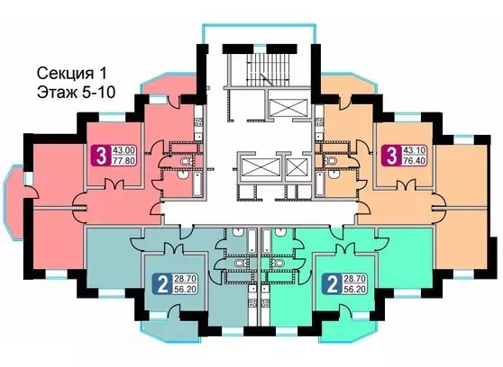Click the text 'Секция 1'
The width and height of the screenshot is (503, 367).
coord(71,74)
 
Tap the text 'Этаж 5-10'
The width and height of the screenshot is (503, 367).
coord(76,93)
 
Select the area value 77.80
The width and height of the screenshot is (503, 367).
coord(124,160)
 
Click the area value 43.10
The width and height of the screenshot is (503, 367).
coord(415,150)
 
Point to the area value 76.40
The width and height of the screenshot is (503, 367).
coord(415,160)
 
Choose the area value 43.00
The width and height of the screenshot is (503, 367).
coord(124,150)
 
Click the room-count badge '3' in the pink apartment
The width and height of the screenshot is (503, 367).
coord(101,156)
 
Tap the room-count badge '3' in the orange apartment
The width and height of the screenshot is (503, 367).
coord(391,156)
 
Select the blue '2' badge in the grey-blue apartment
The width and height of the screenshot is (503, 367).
coord(163,283)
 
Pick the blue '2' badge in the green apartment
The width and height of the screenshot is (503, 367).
coord(333,283)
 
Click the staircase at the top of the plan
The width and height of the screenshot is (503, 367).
coord(267,69)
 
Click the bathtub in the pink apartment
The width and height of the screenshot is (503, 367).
coord(197,183)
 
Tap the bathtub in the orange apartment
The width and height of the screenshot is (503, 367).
coord(319,183)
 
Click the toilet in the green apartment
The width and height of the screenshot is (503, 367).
coord(278,264)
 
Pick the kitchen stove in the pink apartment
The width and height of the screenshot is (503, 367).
coord(198,122)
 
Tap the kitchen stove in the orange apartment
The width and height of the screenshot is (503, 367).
coord(318,122)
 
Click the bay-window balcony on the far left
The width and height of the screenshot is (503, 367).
coord(14,202)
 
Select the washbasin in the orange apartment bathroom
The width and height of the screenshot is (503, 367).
coord(334,175)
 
